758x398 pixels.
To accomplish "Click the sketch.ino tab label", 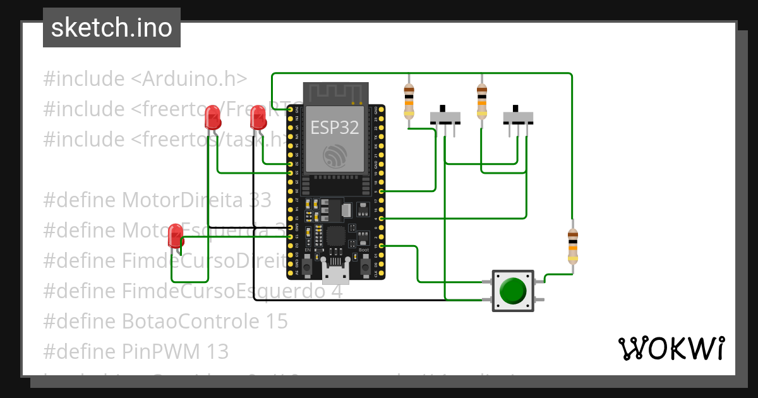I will pos(112,28).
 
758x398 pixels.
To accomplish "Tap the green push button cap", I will pos(512,291).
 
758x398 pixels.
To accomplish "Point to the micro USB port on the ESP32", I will pos(335,273).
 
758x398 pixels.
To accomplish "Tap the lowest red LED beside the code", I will pos(175,236).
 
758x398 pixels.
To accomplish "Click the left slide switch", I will pos(445,117).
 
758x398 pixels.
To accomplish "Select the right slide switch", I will pos(518,117).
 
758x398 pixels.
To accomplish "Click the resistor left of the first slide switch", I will pos(409,101).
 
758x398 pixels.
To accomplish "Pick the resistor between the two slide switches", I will pos(482,101).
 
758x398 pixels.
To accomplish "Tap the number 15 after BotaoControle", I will pos(275,322).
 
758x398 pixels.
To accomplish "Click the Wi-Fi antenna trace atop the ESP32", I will pos(335,93).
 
